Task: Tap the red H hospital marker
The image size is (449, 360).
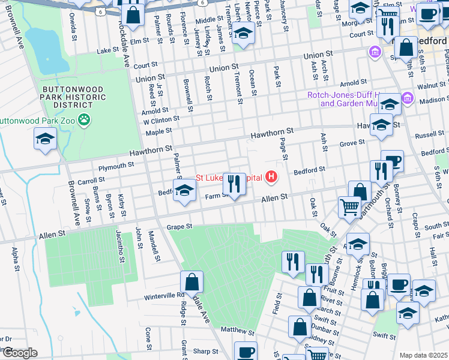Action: [272, 177]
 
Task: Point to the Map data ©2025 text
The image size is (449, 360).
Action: [423, 355]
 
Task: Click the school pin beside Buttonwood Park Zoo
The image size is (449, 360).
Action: [46, 139]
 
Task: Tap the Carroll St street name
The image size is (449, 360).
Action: [91, 180]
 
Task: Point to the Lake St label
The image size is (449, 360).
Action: [109, 51]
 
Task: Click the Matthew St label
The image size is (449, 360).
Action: [234, 330]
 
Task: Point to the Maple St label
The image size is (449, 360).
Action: [158, 131]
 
